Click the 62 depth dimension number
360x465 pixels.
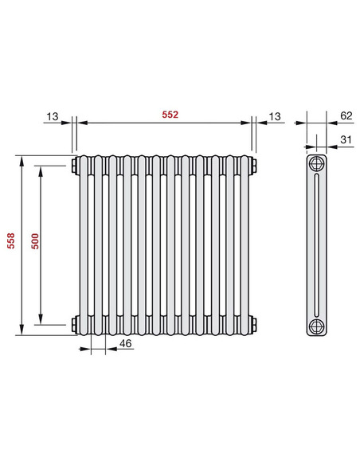[345, 115]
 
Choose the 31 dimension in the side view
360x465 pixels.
[345, 139]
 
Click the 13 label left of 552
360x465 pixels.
[53, 115]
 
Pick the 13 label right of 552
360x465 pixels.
[274, 115]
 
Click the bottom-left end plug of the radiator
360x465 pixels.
[73, 324]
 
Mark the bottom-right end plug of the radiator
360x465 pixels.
[254, 324]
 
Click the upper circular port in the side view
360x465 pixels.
[317, 166]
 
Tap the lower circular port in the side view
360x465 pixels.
[317, 325]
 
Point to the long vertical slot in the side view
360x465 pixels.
[317, 245]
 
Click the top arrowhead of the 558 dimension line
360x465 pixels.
[20, 158]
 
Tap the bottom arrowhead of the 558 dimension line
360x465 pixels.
[20, 332]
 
